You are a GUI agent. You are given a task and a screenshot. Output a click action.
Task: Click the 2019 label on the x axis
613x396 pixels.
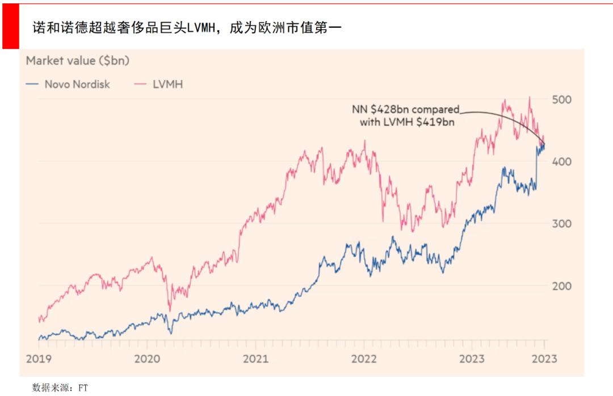(39, 359)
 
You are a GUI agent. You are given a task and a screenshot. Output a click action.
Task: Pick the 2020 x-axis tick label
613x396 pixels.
(148, 359)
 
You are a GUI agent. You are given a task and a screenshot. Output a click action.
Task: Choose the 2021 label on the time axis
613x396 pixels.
(255, 359)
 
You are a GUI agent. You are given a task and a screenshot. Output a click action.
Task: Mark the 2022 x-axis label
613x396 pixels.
(364, 359)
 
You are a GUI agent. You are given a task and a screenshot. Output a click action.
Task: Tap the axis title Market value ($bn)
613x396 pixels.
(78, 61)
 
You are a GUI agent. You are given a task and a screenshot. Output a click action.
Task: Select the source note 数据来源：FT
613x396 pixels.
(60, 387)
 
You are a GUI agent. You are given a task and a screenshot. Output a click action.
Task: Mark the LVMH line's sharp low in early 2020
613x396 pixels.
(169, 310)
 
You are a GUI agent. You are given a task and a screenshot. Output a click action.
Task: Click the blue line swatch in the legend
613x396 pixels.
(33, 85)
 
